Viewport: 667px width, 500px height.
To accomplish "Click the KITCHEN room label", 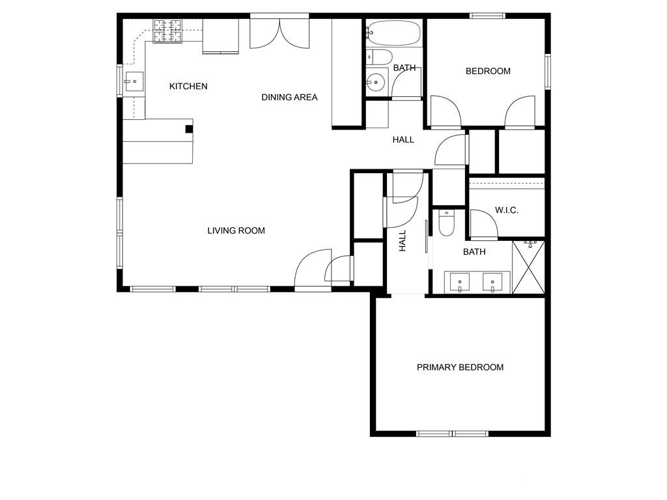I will coord(188,87).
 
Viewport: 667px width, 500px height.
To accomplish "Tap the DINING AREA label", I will coord(289,98).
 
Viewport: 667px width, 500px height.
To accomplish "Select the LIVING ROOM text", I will coord(236,230).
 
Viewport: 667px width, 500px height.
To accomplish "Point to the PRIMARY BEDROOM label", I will coord(460,367).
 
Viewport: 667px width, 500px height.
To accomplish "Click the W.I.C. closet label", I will coord(506,210).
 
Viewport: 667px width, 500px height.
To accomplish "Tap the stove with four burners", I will coord(167,31).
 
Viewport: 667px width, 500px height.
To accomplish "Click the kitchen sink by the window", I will coord(134,81).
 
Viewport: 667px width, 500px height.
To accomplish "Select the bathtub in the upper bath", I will coord(394,33).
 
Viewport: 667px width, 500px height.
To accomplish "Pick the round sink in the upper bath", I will coord(375,81).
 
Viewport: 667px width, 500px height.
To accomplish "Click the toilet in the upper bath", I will coord(378,57).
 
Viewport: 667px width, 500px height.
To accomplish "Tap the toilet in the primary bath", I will coord(447,223).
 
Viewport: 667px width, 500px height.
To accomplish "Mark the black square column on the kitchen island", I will coord(189,129).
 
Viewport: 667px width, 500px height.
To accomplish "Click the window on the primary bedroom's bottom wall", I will coord(452,434).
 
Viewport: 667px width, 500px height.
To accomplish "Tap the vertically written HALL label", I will coord(403,241).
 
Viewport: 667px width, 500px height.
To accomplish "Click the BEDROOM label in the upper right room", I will coord(488,71).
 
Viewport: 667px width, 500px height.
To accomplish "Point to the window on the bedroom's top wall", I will coord(488,16).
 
